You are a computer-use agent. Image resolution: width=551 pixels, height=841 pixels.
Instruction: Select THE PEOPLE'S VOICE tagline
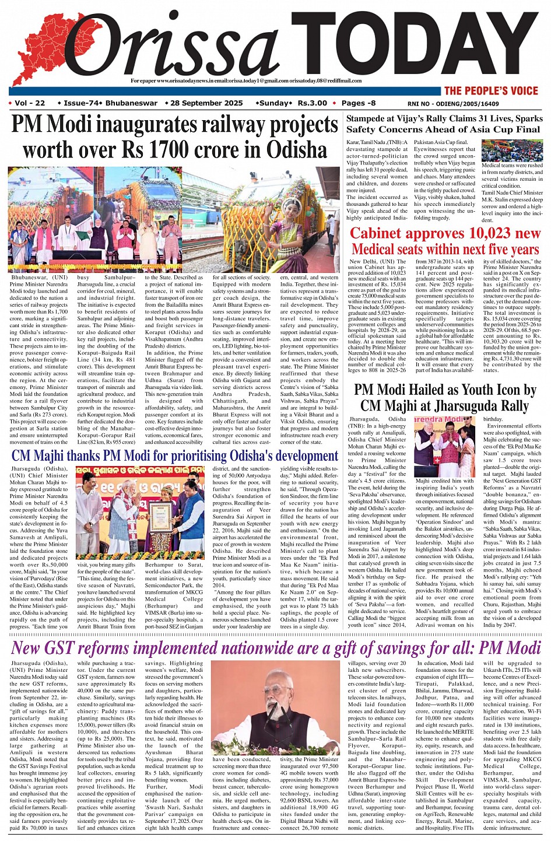490,90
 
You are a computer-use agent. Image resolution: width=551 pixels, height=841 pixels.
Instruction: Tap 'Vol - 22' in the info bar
29,103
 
